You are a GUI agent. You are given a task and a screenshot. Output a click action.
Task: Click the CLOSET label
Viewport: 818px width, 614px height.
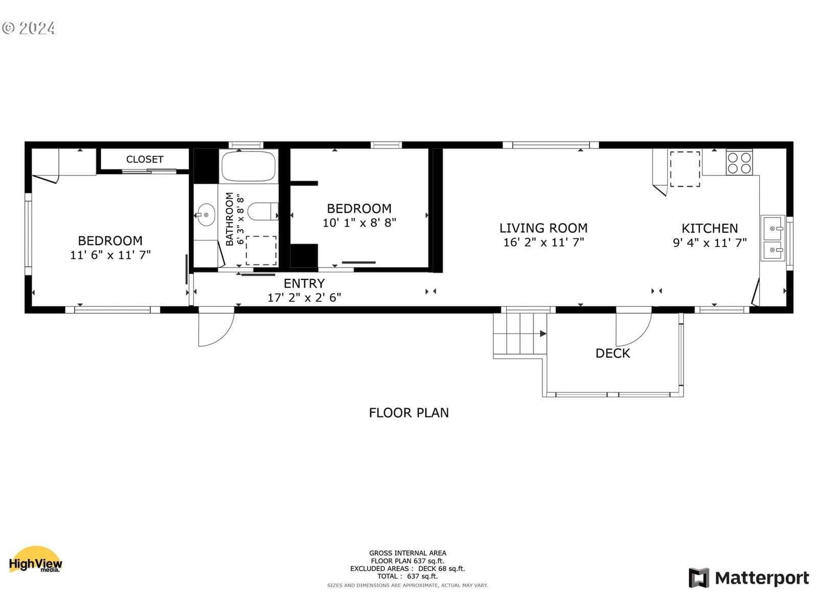click(145, 160)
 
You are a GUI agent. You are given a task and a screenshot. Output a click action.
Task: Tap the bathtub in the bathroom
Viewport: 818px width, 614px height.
click(248, 166)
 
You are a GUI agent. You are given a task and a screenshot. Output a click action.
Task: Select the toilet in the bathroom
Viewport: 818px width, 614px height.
click(263, 211)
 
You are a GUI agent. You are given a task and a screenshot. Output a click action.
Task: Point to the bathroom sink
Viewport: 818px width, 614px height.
click(206, 215)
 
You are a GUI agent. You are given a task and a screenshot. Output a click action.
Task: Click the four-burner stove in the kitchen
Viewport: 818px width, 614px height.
click(739, 163)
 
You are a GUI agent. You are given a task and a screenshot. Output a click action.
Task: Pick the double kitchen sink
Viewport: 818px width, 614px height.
click(773, 238)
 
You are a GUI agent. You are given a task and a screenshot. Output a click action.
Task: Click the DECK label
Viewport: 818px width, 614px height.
click(612, 354)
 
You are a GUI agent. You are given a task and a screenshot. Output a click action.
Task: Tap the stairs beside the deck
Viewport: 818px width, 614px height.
click(520, 334)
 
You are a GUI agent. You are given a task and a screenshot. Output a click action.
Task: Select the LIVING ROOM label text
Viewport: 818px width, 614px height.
click(543, 228)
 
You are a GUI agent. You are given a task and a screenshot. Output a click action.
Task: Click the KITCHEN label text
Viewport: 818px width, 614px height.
click(710, 229)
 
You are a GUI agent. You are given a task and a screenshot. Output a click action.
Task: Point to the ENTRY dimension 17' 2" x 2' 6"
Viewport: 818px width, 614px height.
click(304, 297)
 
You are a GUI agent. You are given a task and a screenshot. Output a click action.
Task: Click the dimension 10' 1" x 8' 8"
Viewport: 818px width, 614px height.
click(359, 223)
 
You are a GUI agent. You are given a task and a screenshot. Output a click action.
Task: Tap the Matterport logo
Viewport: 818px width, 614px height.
click(748, 578)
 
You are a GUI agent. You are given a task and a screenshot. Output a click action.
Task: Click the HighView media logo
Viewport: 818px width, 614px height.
click(35, 560)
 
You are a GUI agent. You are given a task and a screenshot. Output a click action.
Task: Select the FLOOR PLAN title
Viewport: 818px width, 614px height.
click(409, 413)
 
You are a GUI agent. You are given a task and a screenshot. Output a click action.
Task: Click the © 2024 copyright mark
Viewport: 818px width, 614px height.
click(28, 28)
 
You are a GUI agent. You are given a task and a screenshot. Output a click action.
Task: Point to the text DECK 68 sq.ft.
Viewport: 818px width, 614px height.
click(442, 569)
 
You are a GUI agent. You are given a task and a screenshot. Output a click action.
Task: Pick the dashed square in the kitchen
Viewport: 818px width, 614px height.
click(685, 169)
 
